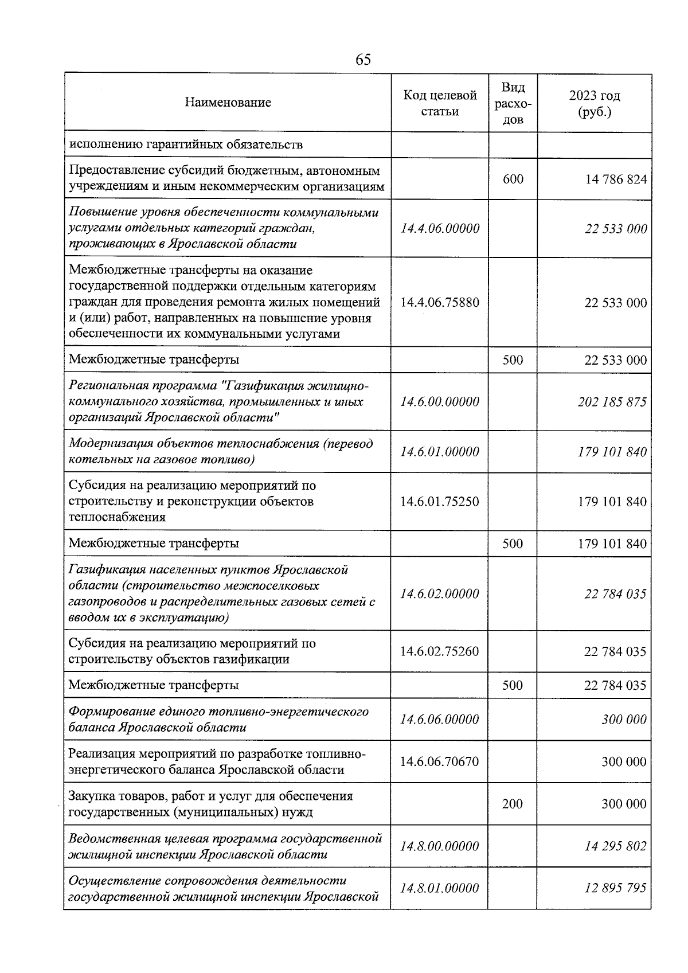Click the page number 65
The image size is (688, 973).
coord(363,60)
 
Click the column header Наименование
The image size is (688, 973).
coord(228,103)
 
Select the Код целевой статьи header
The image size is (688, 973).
coord(440,103)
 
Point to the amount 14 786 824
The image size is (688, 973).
coord(616,179)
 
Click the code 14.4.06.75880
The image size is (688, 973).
coord(440,302)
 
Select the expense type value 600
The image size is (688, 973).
coord(513,179)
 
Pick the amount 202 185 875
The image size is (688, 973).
coord(612,401)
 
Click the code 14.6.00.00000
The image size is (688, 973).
coord(440,401)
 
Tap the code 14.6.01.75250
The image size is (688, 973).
coord(440,501)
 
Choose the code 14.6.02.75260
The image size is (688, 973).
coord(440,651)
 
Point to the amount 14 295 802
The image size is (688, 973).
coord(615,846)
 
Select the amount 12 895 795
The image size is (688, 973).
coord(615,888)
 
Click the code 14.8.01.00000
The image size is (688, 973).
coord(440,888)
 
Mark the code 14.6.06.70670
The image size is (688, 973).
coord(440,761)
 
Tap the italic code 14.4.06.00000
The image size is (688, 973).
coord(440,229)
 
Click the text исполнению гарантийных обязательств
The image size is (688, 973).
coord(185,144)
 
